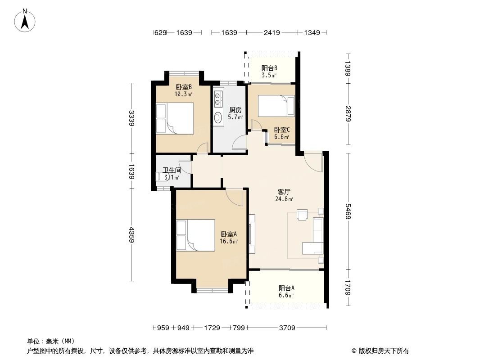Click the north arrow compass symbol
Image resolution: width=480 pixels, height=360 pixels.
26,20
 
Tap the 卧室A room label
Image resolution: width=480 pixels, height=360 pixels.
229,234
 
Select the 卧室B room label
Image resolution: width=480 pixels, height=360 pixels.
184,87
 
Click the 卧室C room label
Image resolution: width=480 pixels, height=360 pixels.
282,130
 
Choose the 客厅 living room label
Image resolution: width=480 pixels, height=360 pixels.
284,192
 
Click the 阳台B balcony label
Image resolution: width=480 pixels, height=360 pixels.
269,68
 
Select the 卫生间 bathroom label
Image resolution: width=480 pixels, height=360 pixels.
172,171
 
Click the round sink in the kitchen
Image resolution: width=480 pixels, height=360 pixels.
218,118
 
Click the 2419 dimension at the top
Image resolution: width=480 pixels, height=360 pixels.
272,32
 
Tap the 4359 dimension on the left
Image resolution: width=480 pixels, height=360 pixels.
131,234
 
